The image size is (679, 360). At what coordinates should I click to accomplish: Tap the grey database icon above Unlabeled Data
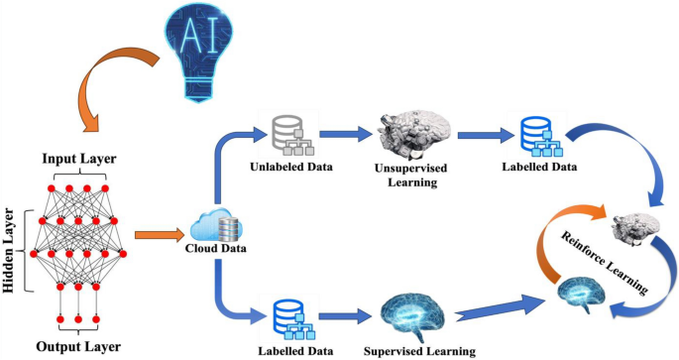click(289, 137)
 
